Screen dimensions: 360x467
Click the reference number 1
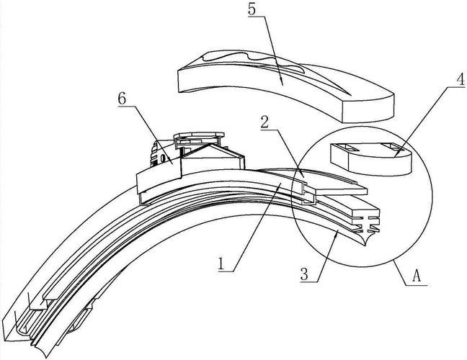click(x=225, y=263)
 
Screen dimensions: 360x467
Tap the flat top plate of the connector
click(x=198, y=136)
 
